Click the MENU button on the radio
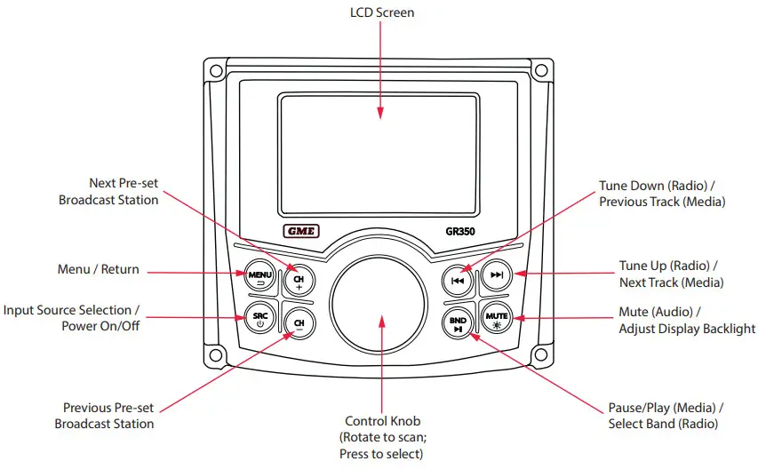tap(259, 276)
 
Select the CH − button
tap(299, 323)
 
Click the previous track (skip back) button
tap(458, 281)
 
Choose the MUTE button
tap(496, 318)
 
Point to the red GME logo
tap(302, 233)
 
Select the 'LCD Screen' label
tap(380, 12)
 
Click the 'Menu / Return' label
tap(98, 269)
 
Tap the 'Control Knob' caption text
tap(381, 421)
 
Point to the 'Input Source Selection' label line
tap(71, 310)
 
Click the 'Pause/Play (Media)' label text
tap(666, 408)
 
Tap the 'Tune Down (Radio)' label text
tap(661, 186)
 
